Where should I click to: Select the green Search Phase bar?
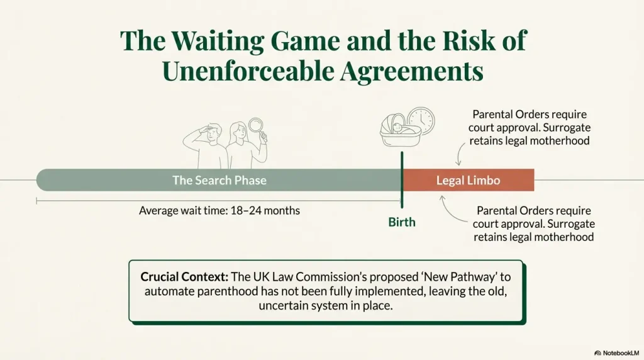click(219, 181)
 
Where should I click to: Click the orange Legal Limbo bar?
click(468, 181)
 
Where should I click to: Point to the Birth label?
click(402, 222)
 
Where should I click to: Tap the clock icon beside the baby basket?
click(420, 121)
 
